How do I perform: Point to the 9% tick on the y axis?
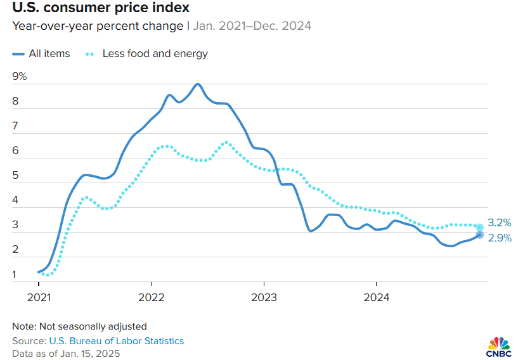[19, 77]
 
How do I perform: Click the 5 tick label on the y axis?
[16, 176]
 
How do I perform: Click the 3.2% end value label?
[499, 223]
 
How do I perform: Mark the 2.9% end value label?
[499, 238]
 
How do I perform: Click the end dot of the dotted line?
[480, 227]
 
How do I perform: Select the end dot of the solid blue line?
[480, 235]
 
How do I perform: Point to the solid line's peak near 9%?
[198, 84]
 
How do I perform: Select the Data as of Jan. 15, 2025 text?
[66, 353]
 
